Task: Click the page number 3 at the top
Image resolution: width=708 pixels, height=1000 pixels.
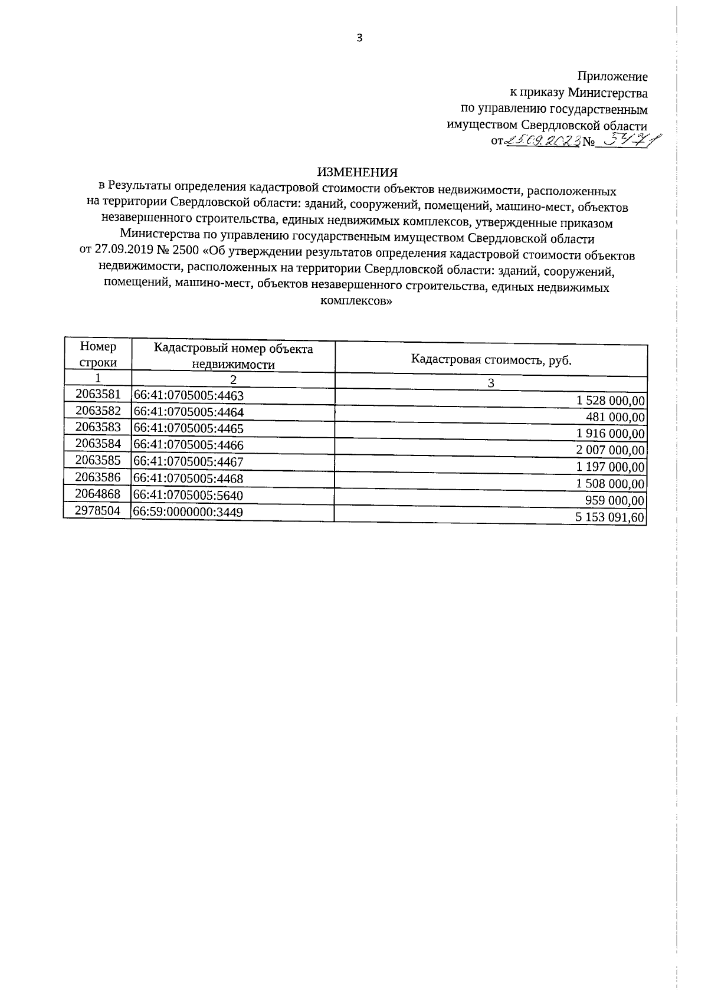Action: click(x=359, y=38)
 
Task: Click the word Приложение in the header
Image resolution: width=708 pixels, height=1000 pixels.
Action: click(x=612, y=77)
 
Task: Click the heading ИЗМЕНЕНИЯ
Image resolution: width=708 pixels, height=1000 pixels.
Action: click(x=358, y=172)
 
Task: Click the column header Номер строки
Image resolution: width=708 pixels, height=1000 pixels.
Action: click(x=98, y=355)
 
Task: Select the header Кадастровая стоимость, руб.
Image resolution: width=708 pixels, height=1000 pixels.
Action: click(x=491, y=360)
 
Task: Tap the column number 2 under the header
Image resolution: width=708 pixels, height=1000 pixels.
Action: click(x=233, y=379)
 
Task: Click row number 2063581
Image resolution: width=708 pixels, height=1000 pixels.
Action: click(x=98, y=394)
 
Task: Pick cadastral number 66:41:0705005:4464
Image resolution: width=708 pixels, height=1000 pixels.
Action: click(x=189, y=412)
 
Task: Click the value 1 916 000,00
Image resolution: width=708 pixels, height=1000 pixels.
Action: click(x=611, y=434)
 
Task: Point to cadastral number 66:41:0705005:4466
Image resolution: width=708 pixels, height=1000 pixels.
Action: click(x=189, y=445)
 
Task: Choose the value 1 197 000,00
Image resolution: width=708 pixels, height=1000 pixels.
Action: click(x=611, y=467)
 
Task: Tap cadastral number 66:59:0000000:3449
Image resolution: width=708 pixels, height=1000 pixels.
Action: click(x=189, y=512)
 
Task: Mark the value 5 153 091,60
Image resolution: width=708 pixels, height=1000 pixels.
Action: click(x=611, y=518)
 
